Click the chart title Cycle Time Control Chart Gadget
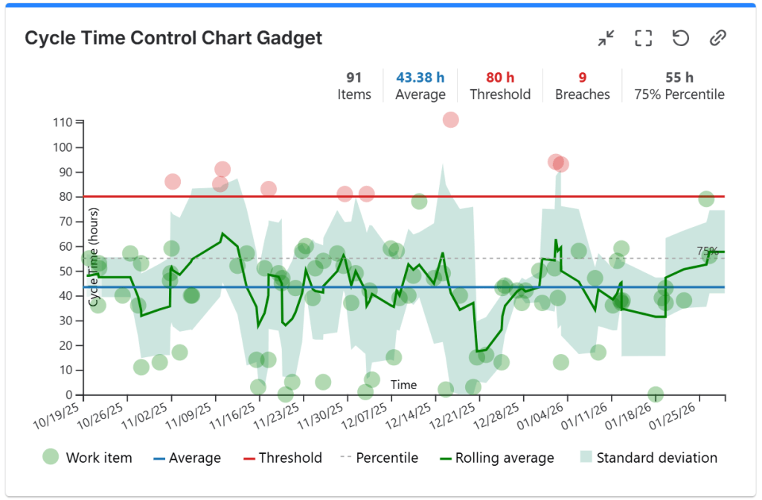pyautogui.click(x=173, y=39)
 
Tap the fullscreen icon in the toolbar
pyautogui.click(x=643, y=38)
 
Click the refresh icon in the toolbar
pyautogui.click(x=680, y=38)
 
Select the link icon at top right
pyautogui.click(x=717, y=38)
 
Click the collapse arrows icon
pyautogui.click(x=606, y=38)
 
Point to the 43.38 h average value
pyautogui.click(x=420, y=77)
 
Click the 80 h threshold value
pyautogui.click(x=500, y=77)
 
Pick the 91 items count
pyautogui.click(x=354, y=77)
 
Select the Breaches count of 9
pyautogui.click(x=583, y=77)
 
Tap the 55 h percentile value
pyautogui.click(x=679, y=77)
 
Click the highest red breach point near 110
pyautogui.click(x=450, y=120)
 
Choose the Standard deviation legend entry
pyautogui.click(x=647, y=458)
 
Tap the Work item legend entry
pyautogui.click(x=87, y=458)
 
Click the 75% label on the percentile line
pyautogui.click(x=708, y=251)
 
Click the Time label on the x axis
pyautogui.click(x=404, y=385)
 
